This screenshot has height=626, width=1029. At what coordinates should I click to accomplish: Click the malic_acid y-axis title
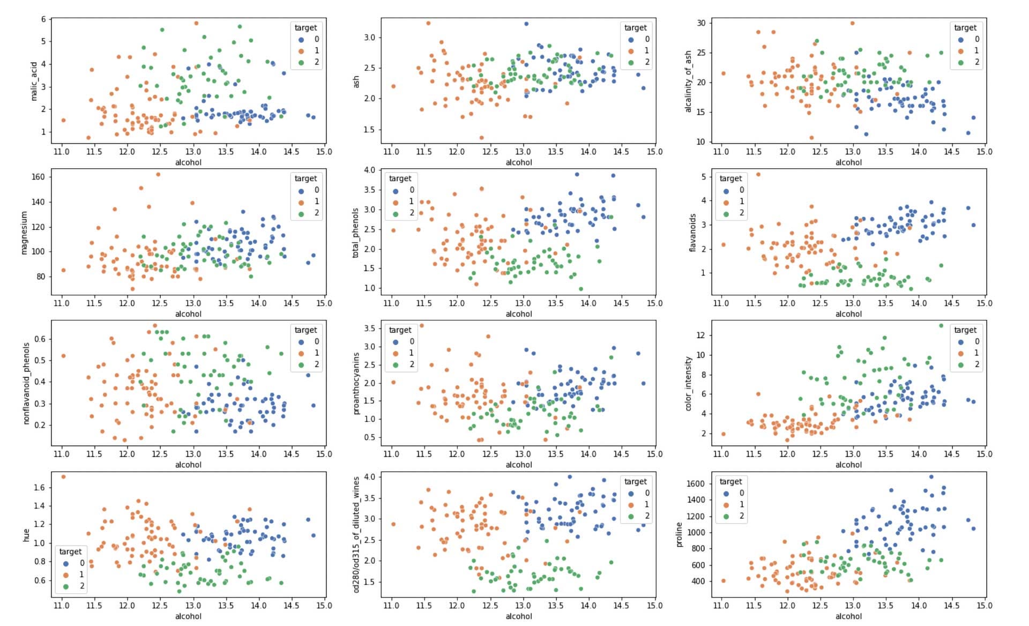(34, 81)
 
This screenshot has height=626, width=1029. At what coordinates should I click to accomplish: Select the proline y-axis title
(680, 535)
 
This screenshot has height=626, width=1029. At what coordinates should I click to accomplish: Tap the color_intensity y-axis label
(689, 384)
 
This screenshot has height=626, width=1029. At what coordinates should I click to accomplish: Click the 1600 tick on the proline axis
(695, 483)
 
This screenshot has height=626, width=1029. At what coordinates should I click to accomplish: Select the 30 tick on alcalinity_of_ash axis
(701, 23)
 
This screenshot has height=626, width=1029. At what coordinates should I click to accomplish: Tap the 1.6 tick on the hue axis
(39, 487)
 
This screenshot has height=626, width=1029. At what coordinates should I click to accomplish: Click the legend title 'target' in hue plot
(70, 552)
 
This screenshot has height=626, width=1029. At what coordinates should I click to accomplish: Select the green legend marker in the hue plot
(66, 586)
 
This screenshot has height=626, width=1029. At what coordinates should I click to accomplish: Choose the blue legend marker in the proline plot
(726, 493)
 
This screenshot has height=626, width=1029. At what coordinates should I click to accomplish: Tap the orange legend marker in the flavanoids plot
(726, 202)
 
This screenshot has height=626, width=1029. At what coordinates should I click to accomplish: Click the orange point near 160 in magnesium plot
(158, 174)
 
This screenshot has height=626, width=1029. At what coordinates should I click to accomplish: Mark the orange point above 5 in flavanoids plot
(758, 174)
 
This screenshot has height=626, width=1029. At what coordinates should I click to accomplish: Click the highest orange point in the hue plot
(63, 476)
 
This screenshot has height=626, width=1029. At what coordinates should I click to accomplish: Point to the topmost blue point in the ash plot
(526, 24)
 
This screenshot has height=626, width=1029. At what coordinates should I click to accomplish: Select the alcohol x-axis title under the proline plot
(848, 616)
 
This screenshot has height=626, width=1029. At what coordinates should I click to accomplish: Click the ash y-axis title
(356, 81)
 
